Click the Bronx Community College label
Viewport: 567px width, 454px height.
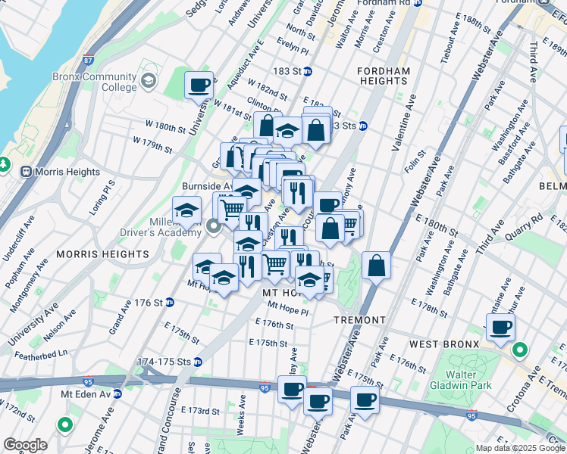click(94, 82)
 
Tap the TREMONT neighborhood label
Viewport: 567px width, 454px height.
click(360, 320)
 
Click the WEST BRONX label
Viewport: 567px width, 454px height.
click(444, 344)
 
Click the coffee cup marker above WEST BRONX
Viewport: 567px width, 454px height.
click(500, 328)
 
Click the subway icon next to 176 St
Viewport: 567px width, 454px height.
click(170, 303)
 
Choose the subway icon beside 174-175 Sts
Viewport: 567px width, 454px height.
click(197, 362)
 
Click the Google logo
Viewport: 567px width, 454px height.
click(25, 445)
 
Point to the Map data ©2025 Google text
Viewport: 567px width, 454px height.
click(519, 448)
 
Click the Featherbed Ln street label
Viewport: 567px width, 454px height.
click(44, 352)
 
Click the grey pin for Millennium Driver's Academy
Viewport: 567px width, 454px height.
click(214, 225)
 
